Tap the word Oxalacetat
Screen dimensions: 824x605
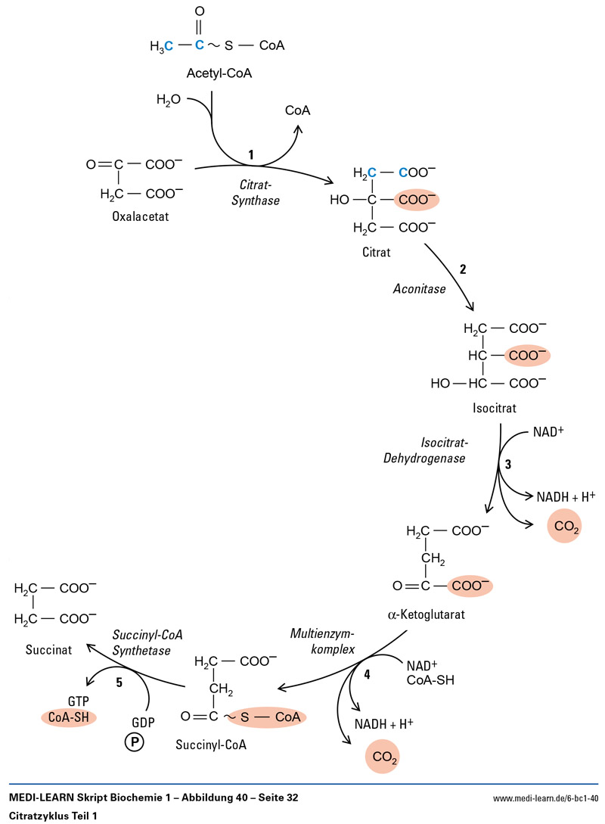(x=141, y=216)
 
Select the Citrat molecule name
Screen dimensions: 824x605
(x=376, y=251)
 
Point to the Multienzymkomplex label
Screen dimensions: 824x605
(x=323, y=639)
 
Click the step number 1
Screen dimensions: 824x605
(x=251, y=154)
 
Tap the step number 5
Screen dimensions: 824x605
(x=119, y=683)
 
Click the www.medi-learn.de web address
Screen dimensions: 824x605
(x=544, y=798)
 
